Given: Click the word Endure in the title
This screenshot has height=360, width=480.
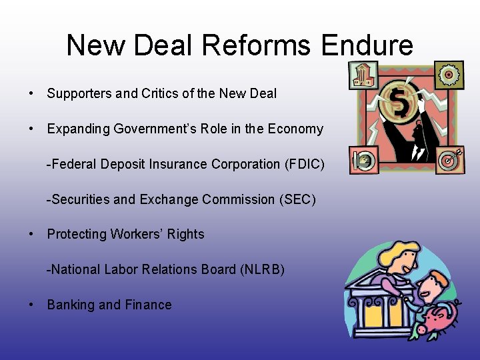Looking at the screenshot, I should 367,45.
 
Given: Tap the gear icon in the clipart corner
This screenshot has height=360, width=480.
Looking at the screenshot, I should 448,75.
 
